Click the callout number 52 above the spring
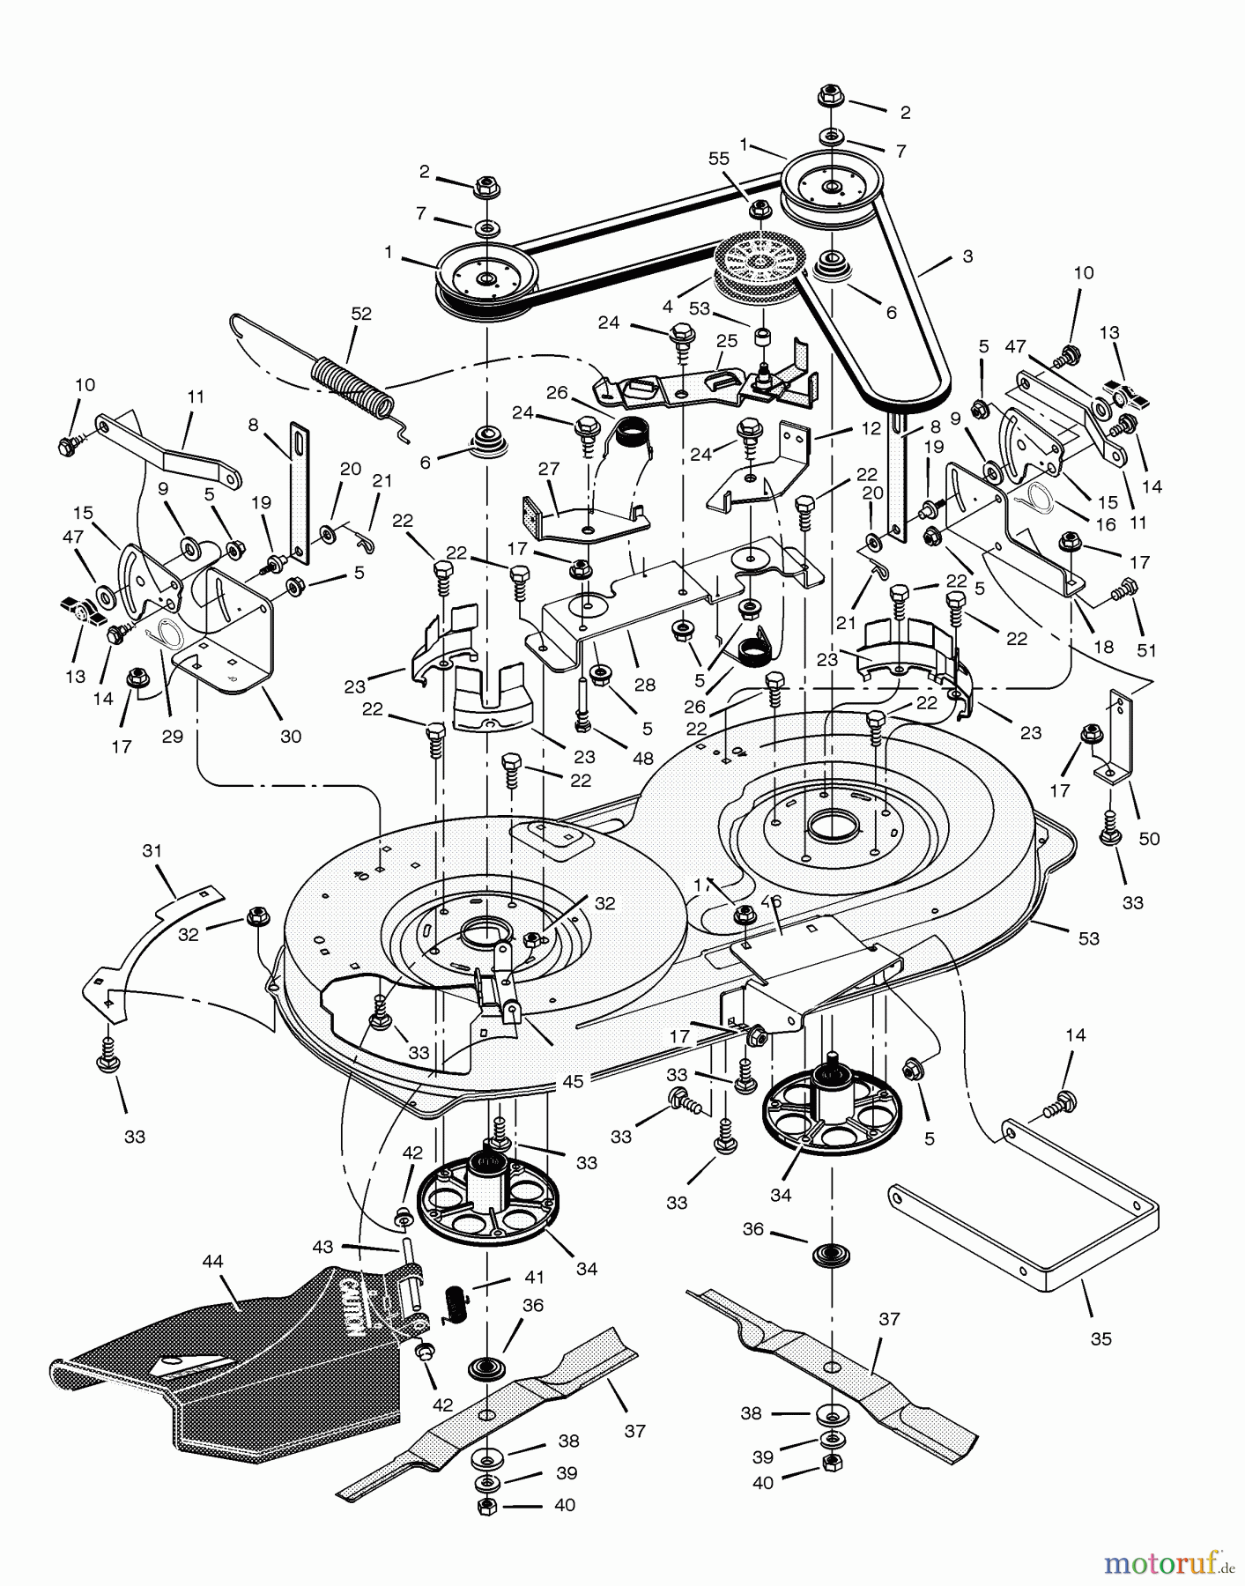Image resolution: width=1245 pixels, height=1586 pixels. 361,314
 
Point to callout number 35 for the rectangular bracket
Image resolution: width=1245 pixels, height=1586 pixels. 1100,1339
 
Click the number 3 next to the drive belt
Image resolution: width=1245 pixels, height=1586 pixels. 967,256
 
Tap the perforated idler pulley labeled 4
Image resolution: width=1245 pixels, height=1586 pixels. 754,264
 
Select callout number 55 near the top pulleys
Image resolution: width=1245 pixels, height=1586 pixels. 720,158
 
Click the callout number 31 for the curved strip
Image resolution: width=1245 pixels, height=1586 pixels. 152,851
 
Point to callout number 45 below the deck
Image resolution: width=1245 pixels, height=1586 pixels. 573,1081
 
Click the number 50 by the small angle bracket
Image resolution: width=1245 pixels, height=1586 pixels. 1149,839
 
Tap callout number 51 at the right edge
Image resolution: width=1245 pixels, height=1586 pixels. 1146,650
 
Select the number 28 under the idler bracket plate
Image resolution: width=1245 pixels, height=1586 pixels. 645,685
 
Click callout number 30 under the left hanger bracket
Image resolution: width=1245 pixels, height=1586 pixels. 290,737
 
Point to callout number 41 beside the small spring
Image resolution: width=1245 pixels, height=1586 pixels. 534,1278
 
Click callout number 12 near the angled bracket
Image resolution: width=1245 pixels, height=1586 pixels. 871,429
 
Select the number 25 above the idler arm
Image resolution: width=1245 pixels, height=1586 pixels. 726,341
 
